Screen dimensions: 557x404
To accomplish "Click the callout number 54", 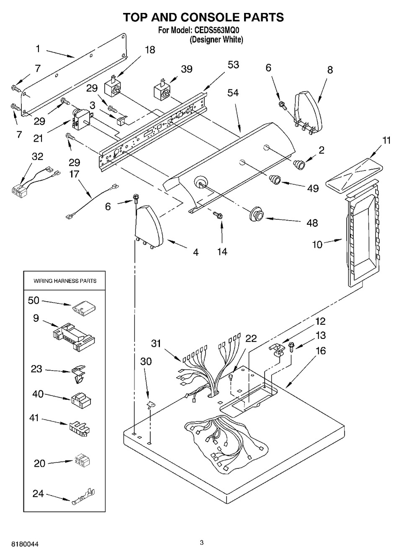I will coord(233,93).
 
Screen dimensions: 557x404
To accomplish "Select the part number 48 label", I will coord(312,223).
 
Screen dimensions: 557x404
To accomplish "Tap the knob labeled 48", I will coord(256,214).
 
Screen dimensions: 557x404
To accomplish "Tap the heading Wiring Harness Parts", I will coord(65,281).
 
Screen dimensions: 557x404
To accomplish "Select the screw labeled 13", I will coord(292,346).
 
